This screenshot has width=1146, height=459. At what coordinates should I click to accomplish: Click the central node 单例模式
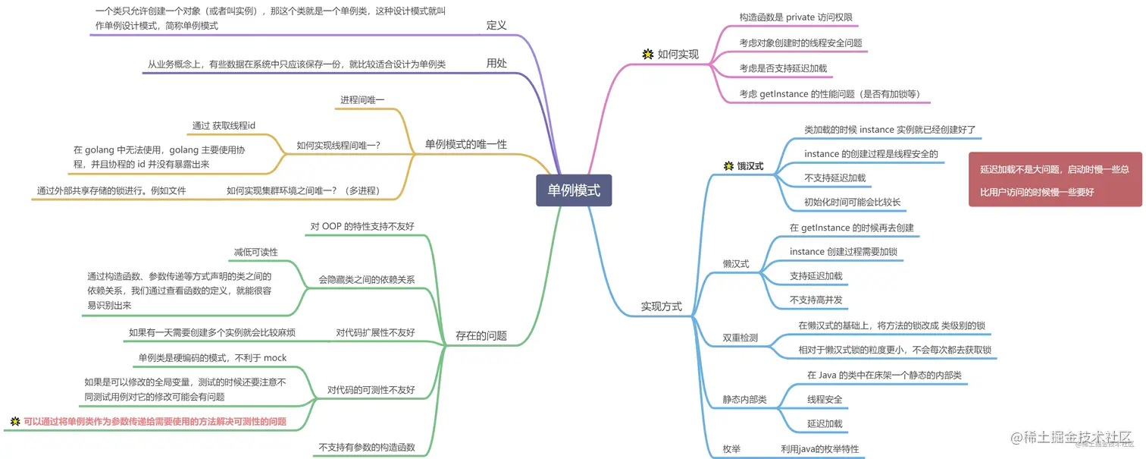[x=573, y=190]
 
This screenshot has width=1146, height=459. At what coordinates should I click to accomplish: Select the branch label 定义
[x=496, y=25]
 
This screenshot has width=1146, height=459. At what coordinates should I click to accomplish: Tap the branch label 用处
[x=496, y=64]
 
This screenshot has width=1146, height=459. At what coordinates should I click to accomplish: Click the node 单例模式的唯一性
[x=465, y=144]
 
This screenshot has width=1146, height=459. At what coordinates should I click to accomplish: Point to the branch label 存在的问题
[x=481, y=335]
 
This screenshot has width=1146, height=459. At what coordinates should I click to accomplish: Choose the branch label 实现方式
[x=662, y=307]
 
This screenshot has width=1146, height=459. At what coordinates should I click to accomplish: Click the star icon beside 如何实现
[x=647, y=54]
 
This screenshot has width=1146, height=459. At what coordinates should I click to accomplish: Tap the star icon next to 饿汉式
[x=729, y=165]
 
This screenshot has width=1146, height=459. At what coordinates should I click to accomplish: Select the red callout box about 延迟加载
[x=1055, y=181]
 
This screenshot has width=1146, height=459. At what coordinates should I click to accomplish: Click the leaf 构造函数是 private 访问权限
[x=798, y=17]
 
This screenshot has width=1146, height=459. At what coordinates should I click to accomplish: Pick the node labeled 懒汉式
[x=736, y=264]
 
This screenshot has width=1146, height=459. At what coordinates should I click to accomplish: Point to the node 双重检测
[x=740, y=338]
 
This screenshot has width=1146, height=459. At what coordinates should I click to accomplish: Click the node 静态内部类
[x=744, y=399]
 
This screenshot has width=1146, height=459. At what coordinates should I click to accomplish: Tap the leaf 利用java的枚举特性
[x=819, y=449]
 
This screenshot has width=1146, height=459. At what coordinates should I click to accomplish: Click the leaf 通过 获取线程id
[x=224, y=125]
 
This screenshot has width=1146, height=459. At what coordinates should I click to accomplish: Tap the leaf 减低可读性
[x=255, y=252]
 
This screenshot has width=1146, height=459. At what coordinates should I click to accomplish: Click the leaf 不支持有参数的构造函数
[x=367, y=447]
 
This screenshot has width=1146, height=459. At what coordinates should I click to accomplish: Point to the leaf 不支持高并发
[x=816, y=300]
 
